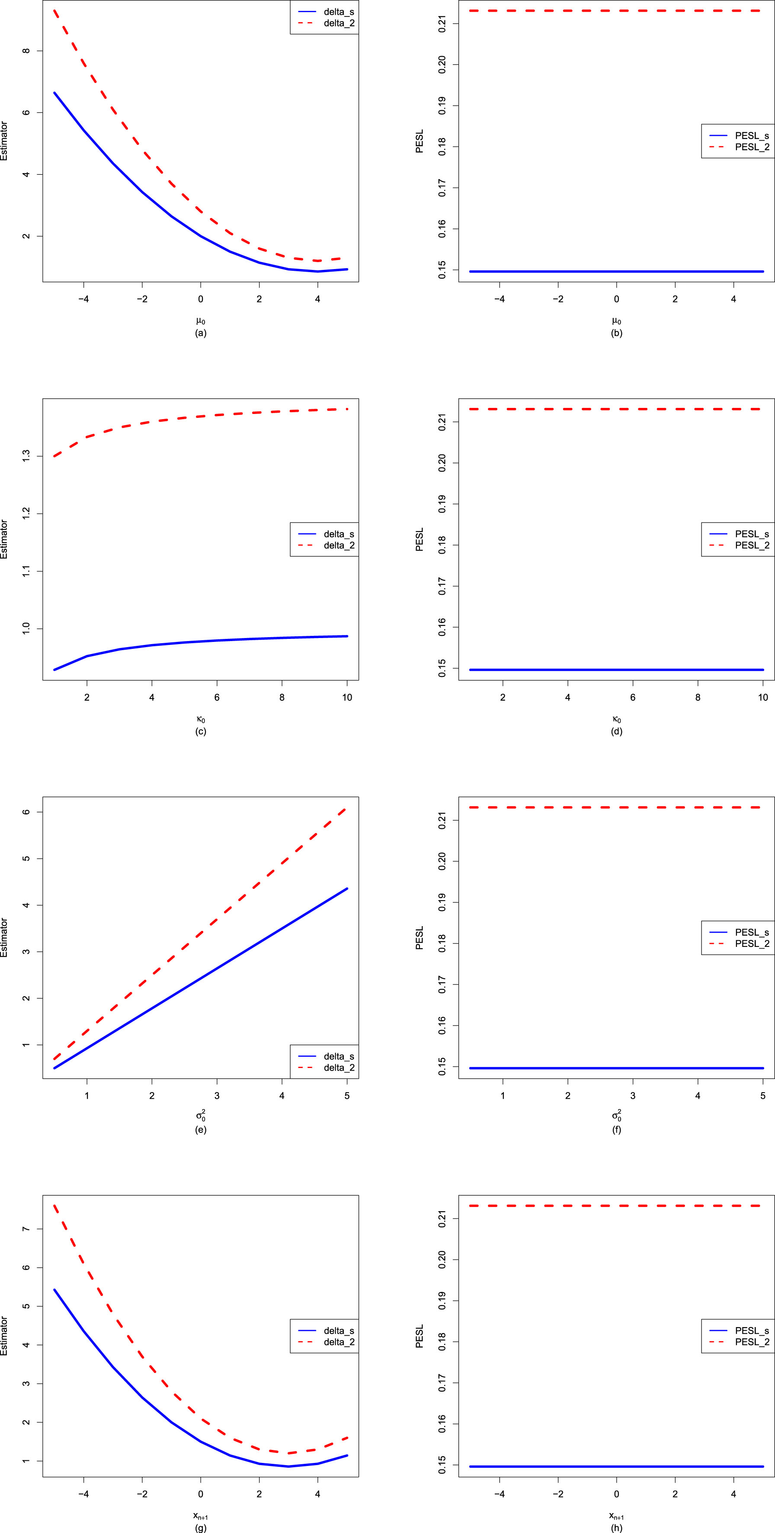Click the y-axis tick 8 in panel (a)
(x=25, y=51)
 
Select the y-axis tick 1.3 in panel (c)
(x=25, y=456)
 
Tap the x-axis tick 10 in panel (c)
(x=347, y=697)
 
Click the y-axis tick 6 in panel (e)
(x=25, y=812)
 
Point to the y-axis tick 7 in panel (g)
(x=25, y=1229)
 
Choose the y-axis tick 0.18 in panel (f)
(x=441, y=943)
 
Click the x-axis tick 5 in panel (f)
(x=763, y=1096)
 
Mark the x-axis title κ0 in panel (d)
(x=616, y=719)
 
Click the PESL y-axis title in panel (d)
(x=420, y=539)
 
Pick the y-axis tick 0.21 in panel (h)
(x=441, y=1218)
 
